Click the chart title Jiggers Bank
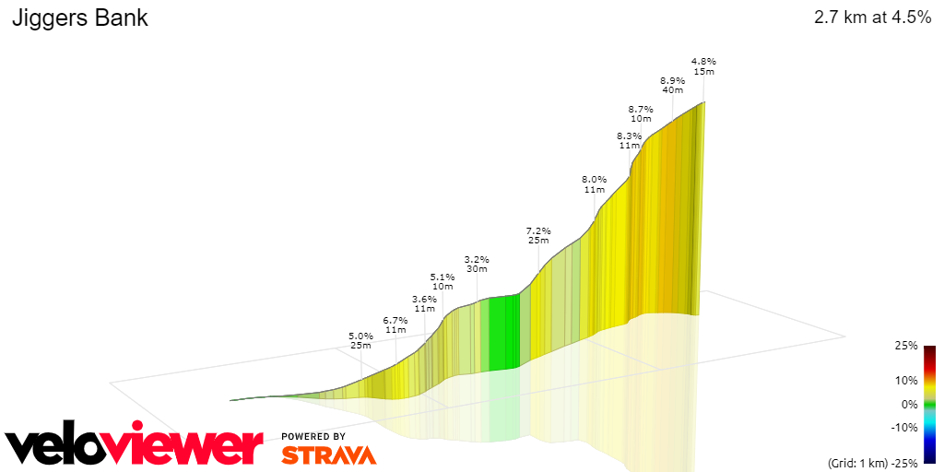pyautogui.click(x=79, y=18)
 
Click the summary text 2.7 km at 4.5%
pyautogui.click(x=872, y=18)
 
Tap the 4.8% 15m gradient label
pyautogui.click(x=703, y=66)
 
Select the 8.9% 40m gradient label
pyautogui.click(x=672, y=85)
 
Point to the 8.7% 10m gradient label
pyautogui.click(x=641, y=113)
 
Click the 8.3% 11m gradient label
pyautogui.click(x=630, y=140)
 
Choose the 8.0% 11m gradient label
pyautogui.click(x=594, y=184)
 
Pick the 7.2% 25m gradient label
pyautogui.click(x=538, y=235)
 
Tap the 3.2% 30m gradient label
pyautogui.click(x=477, y=265)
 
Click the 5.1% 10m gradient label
pyautogui.click(x=442, y=281)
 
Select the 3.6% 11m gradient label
pyautogui.click(x=424, y=303)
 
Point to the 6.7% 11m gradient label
pyautogui.click(x=395, y=324)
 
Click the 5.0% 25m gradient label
pyautogui.click(x=360, y=341)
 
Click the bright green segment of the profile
pyautogui.click(x=502, y=332)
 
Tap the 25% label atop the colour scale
pyautogui.click(x=906, y=346)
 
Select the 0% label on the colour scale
pyautogui.click(x=909, y=404)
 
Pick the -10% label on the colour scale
pyautogui.click(x=904, y=427)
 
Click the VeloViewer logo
pyautogui.click(x=134, y=447)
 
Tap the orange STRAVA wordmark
pyautogui.click(x=328, y=454)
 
